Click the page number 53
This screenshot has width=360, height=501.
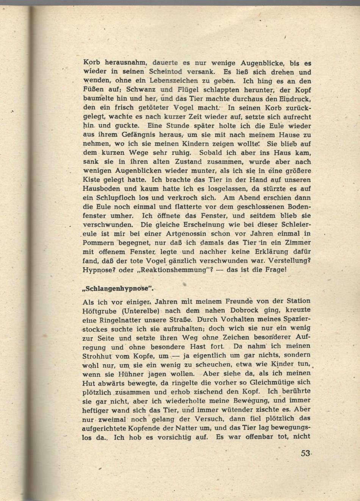pyautogui.click(x=305, y=453)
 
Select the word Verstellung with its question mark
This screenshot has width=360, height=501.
pyautogui.click(x=290, y=261)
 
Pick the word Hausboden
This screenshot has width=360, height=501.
pyautogui.click(x=102, y=189)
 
